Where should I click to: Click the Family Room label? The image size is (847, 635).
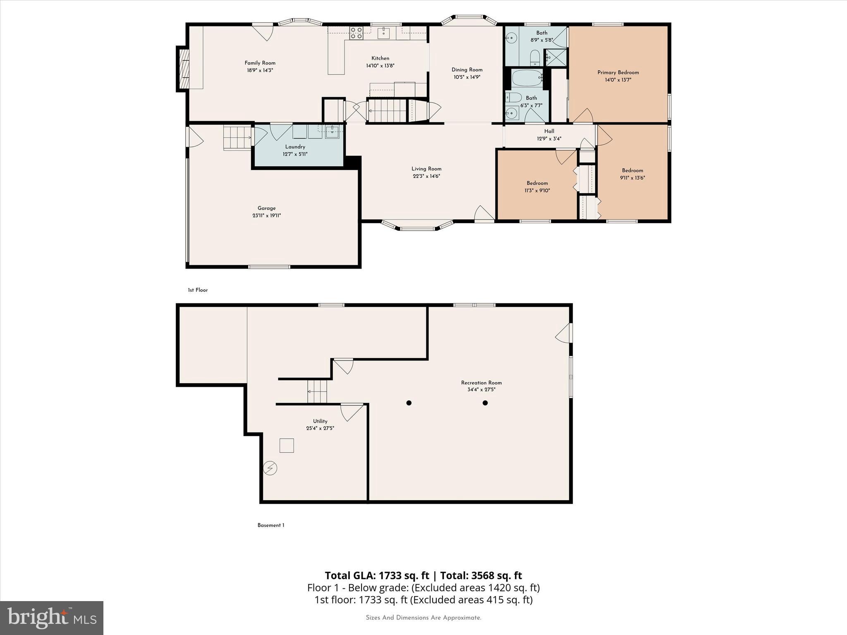260,63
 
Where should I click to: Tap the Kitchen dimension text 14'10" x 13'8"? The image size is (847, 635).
380,66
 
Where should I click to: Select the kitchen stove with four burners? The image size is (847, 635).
356,33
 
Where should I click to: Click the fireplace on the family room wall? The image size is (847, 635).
184,69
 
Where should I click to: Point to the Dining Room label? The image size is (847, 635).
467,70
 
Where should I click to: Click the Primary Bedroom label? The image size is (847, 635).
618,73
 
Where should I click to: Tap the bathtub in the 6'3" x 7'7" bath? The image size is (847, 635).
527,78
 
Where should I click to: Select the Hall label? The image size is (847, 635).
549,131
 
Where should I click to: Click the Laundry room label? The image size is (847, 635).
295,147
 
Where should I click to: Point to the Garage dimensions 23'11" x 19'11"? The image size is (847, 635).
266,216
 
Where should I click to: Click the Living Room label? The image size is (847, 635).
426,169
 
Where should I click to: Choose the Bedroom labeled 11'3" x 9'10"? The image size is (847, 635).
537,183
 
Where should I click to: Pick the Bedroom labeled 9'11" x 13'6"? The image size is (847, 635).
632,170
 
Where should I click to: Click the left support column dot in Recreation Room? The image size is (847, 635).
409,403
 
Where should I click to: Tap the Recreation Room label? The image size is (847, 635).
481,383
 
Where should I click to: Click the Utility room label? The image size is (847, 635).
320,421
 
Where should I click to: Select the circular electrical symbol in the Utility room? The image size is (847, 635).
270,468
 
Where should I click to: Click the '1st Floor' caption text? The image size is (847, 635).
198,290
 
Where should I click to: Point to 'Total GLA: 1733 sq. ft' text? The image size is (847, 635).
377,575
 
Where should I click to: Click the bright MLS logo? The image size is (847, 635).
52,618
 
